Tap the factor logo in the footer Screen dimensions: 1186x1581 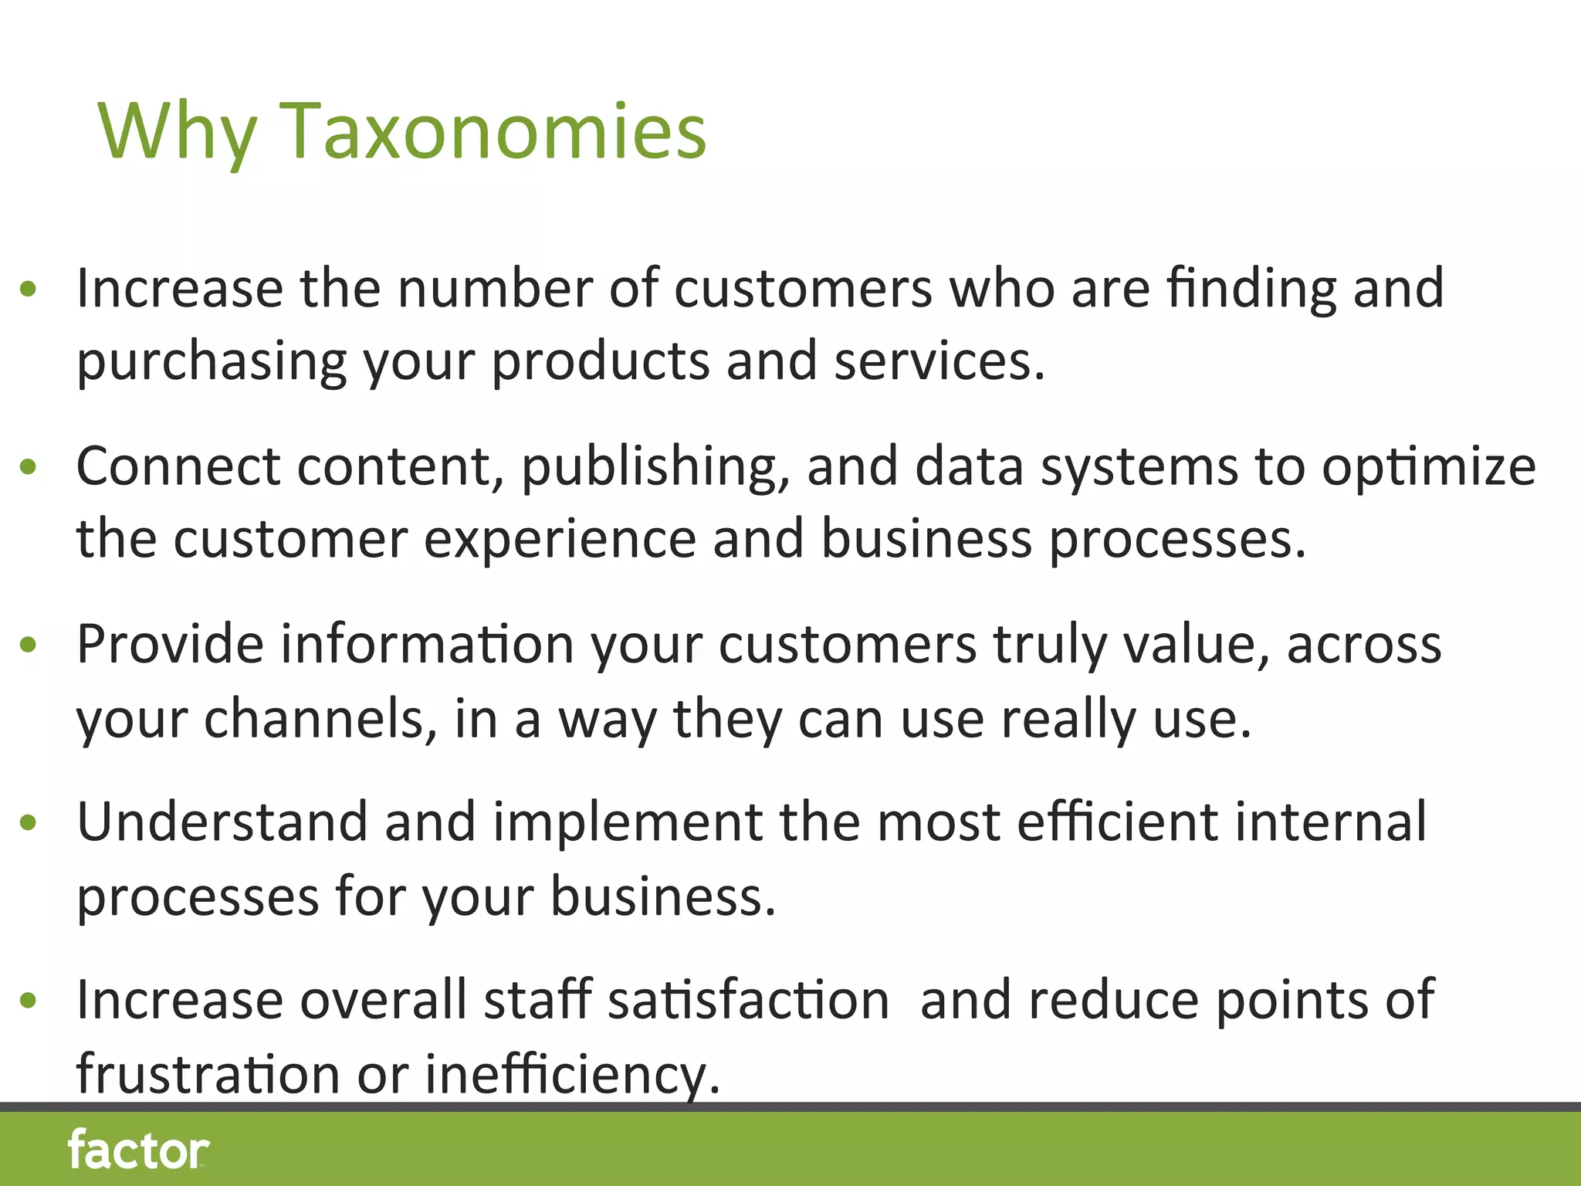click(138, 1150)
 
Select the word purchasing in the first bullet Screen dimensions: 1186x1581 click(212, 361)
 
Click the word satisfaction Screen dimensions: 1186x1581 click(748, 1000)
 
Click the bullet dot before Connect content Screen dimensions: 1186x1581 click(29, 466)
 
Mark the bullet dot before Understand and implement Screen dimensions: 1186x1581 click(29, 822)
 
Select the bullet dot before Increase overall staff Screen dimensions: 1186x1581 click(29, 1001)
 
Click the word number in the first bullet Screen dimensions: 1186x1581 click(495, 287)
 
